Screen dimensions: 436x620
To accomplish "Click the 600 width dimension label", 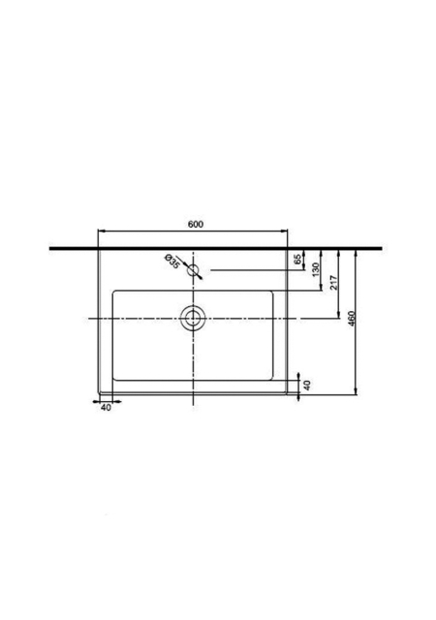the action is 196,224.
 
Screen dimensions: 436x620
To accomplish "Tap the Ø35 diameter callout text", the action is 171,262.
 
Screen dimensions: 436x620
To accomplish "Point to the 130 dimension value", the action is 316,269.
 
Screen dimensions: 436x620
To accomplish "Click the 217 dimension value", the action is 334,283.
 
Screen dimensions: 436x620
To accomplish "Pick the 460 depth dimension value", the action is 352,319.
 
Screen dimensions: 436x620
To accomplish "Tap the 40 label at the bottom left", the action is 106,408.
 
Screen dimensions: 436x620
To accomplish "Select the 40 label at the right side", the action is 307,385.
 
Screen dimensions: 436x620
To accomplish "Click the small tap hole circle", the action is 193,270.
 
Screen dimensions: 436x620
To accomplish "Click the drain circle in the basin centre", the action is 193,319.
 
